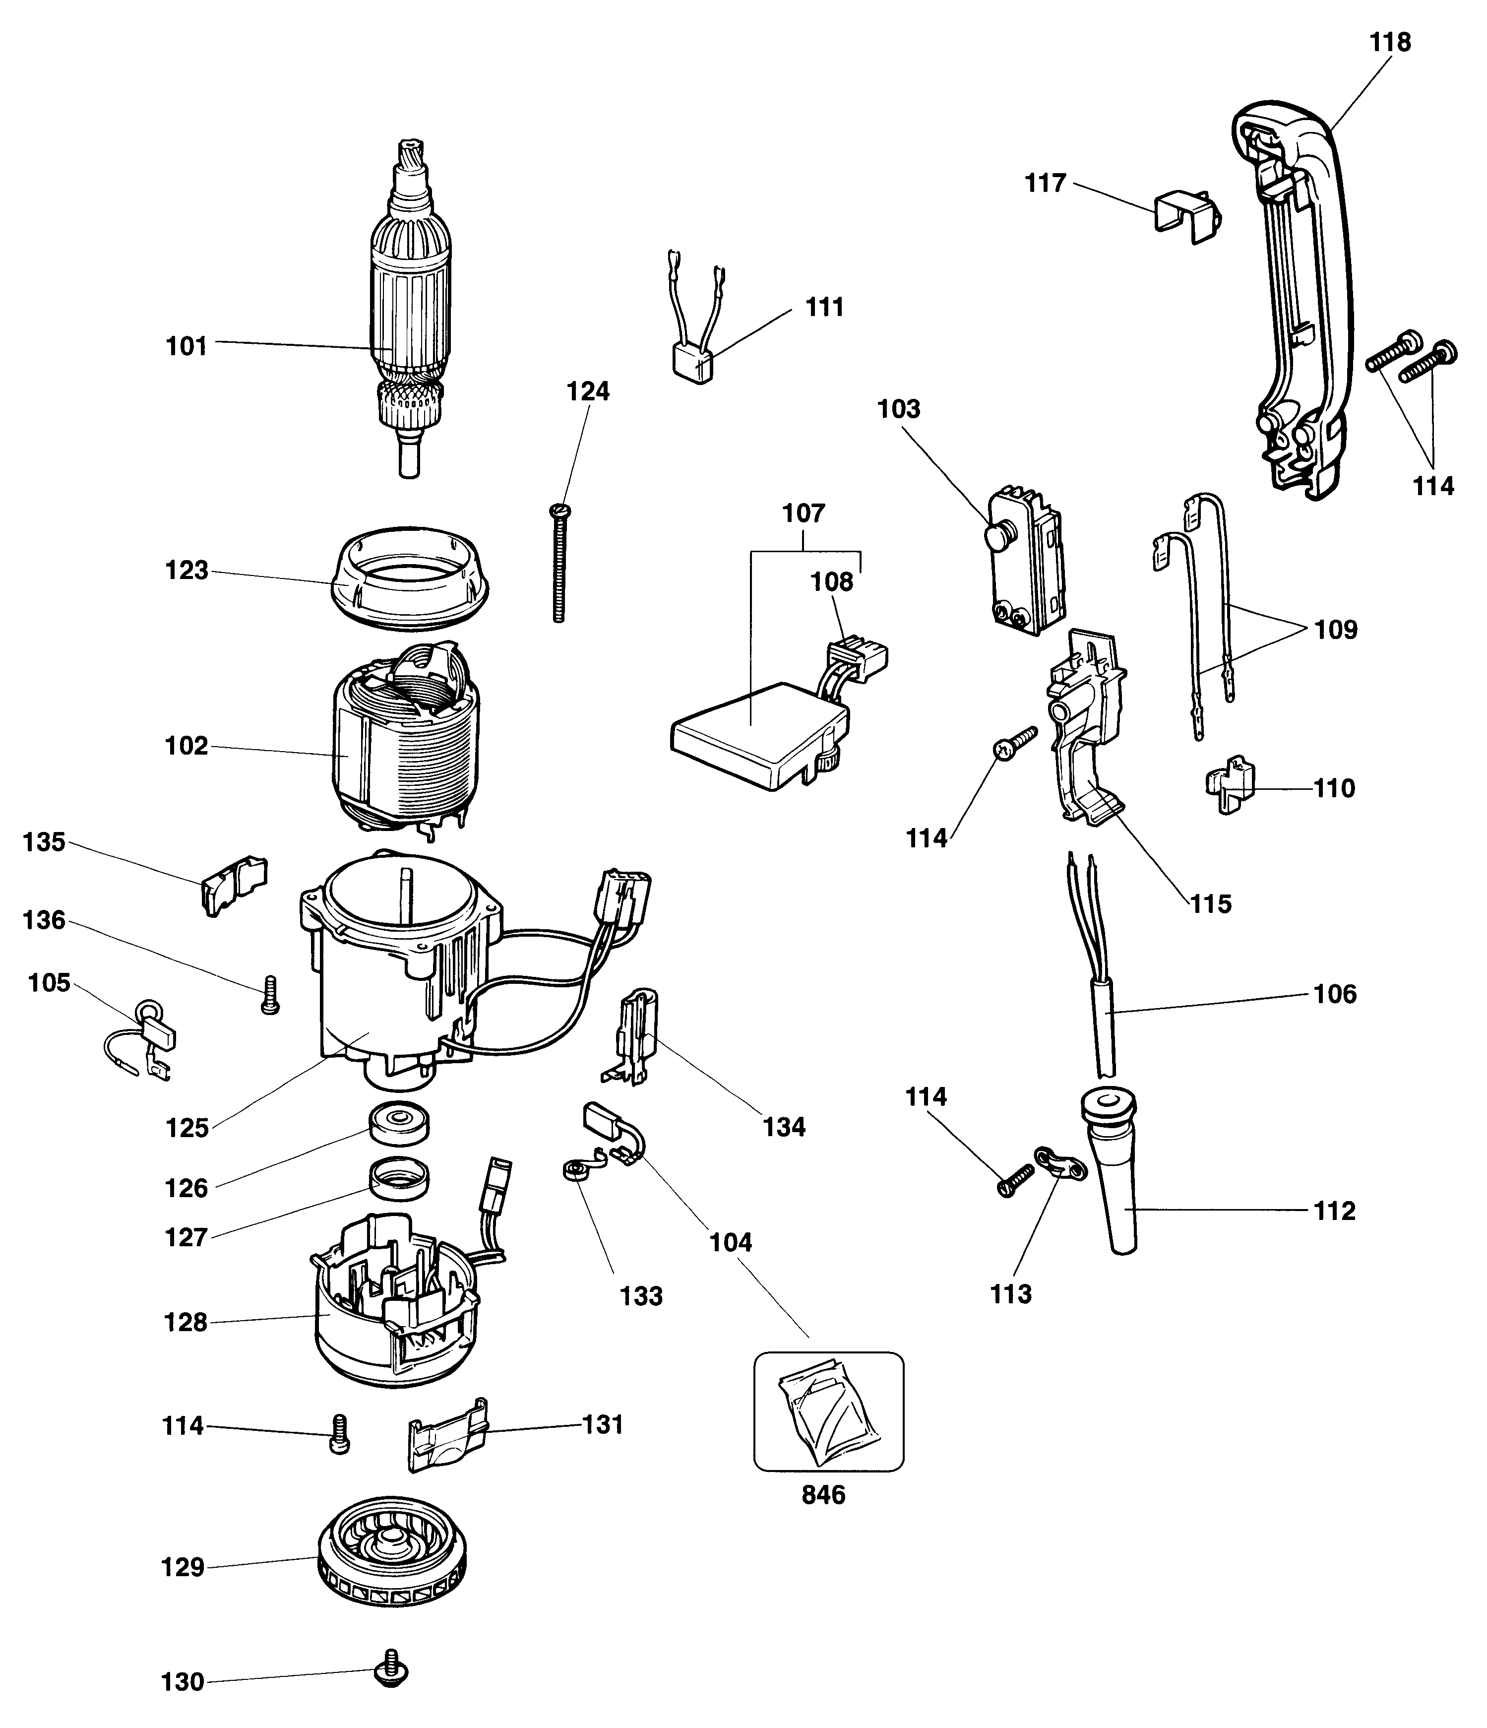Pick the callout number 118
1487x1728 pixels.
[x=1390, y=42]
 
